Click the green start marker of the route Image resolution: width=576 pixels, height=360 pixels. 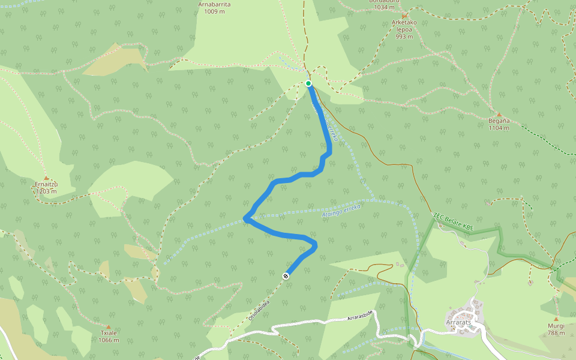[308, 83]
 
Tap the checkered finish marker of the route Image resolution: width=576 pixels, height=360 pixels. [286, 276]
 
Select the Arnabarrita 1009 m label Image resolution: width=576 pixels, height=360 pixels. [214, 7]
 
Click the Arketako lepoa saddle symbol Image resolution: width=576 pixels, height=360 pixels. [404, 16]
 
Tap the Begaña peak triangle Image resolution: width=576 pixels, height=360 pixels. [499, 114]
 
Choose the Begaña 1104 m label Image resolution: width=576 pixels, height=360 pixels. [499, 124]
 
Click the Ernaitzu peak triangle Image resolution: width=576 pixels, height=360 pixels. [46, 178]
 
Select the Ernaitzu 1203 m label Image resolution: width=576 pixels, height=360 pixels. [46, 188]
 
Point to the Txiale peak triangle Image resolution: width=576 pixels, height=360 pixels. [109, 326]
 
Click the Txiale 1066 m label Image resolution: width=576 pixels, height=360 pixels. [109, 337]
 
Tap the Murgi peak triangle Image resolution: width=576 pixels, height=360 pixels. [556, 319]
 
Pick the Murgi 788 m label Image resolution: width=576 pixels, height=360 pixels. [556, 329]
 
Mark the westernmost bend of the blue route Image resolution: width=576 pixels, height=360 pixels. [246, 218]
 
